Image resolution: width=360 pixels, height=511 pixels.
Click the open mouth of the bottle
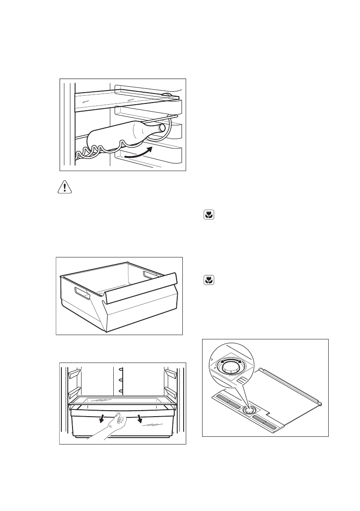162,128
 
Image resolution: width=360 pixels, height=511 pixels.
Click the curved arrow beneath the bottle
138,154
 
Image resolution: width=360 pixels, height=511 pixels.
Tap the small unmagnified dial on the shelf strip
248,411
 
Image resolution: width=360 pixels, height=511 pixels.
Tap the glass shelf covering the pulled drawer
122,401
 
